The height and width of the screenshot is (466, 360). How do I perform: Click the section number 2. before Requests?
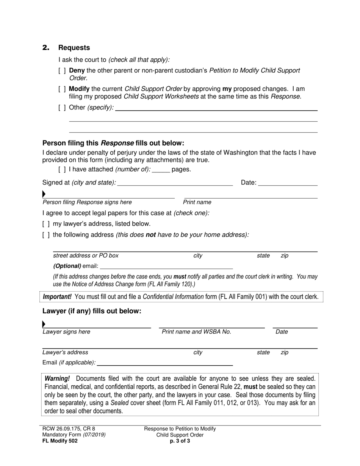coord(46,48)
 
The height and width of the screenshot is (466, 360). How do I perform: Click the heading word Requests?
coord(74,48)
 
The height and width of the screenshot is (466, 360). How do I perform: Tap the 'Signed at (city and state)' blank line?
coord(175,183)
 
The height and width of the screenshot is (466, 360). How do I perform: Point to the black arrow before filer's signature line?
coord(44,194)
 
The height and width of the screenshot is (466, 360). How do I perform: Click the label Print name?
coord(197,202)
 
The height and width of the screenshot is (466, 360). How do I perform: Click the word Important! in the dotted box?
coord(57,297)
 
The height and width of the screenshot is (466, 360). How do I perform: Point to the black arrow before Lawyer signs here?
coord(44,324)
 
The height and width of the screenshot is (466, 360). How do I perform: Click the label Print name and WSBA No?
coord(196,332)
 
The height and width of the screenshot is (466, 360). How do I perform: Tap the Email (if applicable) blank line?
coord(164,363)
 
